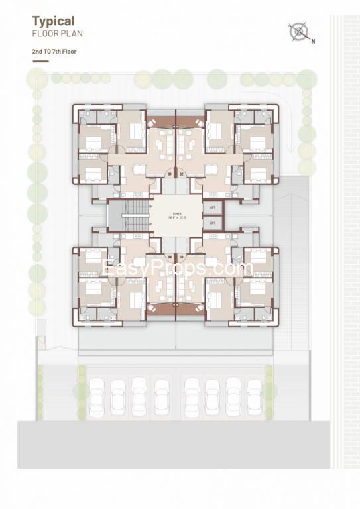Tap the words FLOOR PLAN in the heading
(58, 32)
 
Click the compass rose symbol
(299, 31)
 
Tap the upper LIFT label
(213, 207)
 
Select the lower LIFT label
(213, 223)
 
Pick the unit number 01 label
(170, 174)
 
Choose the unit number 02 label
(181, 174)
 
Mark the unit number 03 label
(181, 256)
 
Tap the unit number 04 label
(170, 256)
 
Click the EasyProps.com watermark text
(178, 269)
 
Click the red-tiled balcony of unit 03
(190, 308)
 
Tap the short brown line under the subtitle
(40, 62)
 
